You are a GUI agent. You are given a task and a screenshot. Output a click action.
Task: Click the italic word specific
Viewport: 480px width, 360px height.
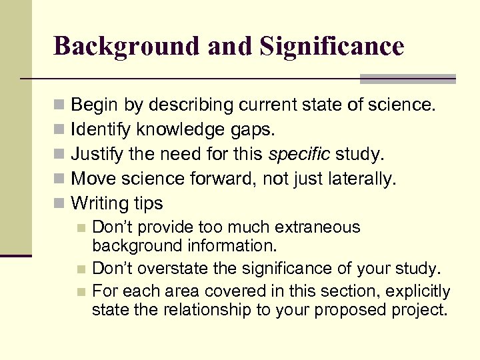299,155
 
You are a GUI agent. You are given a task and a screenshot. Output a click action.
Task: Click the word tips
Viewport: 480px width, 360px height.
147,203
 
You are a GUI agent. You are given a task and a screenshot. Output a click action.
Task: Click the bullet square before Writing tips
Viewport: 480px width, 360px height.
59,203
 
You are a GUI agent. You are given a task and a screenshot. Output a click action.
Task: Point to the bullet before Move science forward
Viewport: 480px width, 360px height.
59,179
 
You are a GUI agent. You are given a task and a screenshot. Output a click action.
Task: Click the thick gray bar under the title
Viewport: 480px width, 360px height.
407,79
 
